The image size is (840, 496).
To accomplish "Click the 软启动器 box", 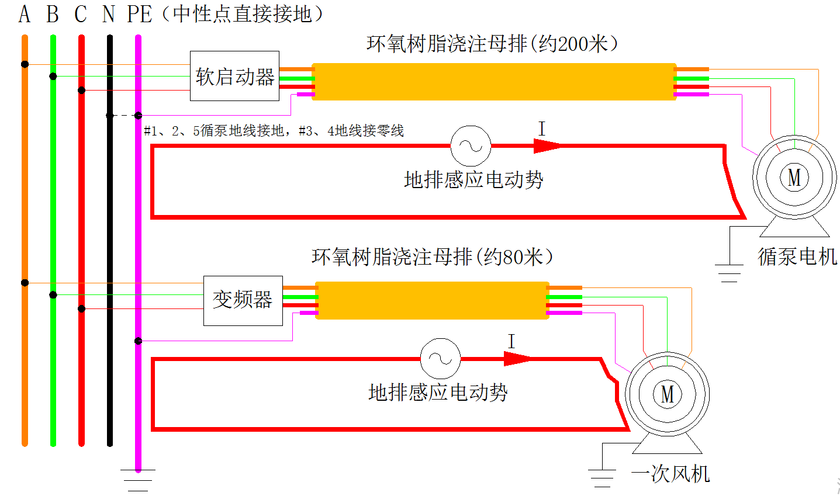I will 234,76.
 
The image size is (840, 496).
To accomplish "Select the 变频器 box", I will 243,300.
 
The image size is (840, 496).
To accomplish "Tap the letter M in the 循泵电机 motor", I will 794,177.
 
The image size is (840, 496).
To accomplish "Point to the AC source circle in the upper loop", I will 471,145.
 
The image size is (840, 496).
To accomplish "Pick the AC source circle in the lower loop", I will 440,358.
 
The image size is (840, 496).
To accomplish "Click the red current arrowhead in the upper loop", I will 546,145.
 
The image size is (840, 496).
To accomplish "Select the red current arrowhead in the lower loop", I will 517,358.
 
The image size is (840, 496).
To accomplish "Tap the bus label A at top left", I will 24,14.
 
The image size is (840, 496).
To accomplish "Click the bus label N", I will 109,14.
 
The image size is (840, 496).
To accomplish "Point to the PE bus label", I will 139,14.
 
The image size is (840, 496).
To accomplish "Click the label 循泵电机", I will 797,256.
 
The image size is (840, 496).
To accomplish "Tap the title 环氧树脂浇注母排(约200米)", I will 492,44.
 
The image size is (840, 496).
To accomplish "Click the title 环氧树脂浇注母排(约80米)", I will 433,256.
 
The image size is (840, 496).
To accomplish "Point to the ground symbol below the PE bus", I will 138,480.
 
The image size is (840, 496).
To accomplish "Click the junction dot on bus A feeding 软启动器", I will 25,64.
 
